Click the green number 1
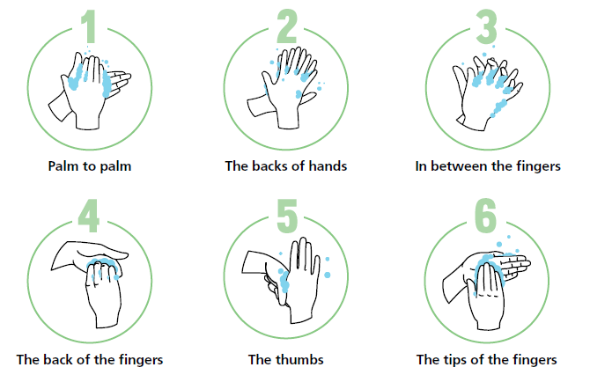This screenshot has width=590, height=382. point(88,27)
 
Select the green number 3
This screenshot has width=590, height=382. point(485,27)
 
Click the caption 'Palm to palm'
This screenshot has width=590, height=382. point(89,165)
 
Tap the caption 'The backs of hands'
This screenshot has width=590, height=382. point(286,165)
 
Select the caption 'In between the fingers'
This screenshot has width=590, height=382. point(487,165)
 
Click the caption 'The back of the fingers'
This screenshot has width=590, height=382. point(89,359)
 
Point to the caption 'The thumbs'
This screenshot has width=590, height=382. point(286,359)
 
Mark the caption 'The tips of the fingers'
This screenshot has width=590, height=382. point(487,359)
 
